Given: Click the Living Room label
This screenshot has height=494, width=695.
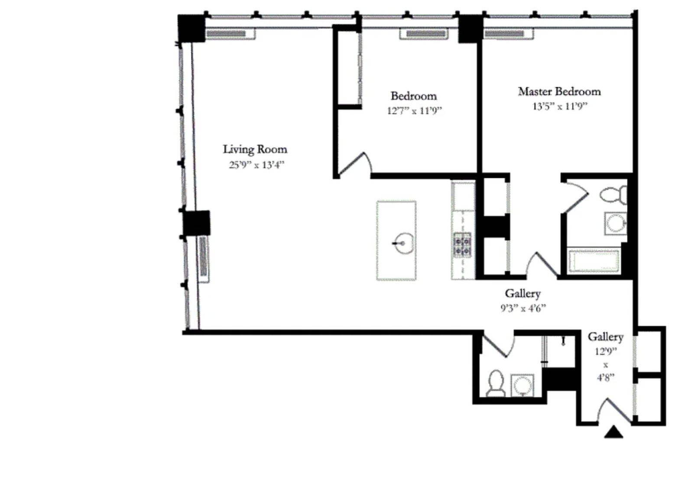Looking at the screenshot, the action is click(x=255, y=149).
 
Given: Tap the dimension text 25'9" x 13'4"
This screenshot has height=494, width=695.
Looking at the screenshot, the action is click(x=257, y=165).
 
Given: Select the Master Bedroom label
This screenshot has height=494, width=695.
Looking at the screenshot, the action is click(x=559, y=91).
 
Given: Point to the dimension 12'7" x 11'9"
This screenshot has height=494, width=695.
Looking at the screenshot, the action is click(x=414, y=111).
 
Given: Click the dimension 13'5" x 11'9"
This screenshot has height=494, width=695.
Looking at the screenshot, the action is click(x=560, y=107).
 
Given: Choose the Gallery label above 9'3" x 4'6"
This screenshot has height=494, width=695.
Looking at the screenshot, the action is click(x=523, y=293).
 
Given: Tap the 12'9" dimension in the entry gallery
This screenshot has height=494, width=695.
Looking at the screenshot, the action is click(x=606, y=351).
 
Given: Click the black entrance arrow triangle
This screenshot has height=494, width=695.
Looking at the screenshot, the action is click(x=614, y=432).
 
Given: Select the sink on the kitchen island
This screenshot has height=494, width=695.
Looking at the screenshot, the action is click(x=403, y=243).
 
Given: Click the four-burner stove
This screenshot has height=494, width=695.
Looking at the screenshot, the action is click(x=462, y=245).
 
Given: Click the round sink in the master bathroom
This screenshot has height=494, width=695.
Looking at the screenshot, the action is click(x=616, y=224).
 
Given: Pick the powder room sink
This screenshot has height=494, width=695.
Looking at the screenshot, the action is click(x=523, y=385).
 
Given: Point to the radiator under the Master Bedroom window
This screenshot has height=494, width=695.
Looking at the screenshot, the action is click(x=509, y=34).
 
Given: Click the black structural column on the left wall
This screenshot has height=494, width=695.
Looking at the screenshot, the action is click(x=196, y=223).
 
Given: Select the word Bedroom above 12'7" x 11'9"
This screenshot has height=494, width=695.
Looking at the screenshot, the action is click(x=414, y=96).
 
